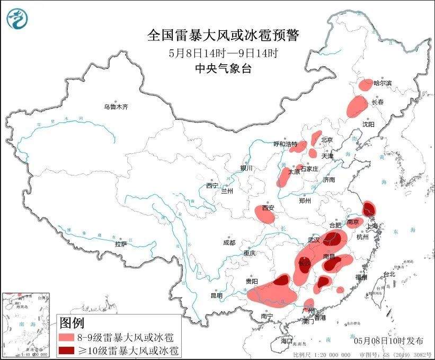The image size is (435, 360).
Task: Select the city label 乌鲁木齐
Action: tap(116, 107)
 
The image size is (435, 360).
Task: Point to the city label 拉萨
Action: tap(120, 244)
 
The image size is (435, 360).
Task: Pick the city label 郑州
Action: tap(306, 200)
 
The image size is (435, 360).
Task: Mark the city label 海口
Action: tap(287, 340)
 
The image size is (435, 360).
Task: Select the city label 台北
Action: tap(389, 274)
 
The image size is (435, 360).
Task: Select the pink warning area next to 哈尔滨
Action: tap(366, 84)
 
